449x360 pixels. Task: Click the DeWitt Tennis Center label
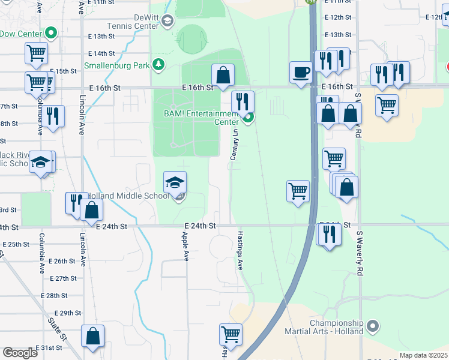133,22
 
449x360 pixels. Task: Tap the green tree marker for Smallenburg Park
158,64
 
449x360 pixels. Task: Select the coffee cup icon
301,72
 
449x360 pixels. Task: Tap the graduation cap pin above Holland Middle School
175,182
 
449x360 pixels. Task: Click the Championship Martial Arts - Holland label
336,327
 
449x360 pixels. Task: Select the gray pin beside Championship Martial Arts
373,327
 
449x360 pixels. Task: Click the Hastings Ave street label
240,250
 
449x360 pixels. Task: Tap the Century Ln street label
235,146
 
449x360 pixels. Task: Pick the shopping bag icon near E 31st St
93,337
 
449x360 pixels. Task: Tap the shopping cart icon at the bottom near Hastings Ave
231,334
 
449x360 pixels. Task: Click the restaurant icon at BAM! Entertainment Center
243,101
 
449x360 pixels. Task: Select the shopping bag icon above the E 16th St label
223,75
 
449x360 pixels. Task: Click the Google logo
20,353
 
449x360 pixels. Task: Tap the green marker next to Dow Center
52,33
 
